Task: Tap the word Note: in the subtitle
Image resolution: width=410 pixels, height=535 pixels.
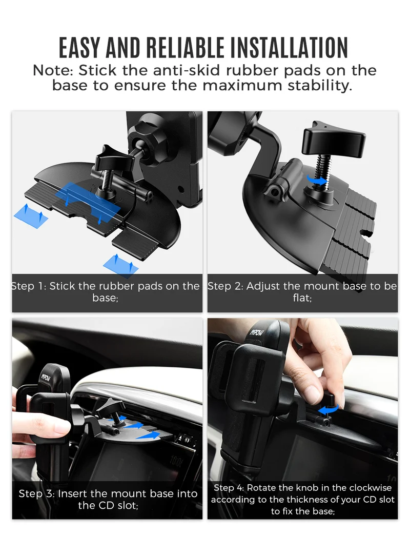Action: [53, 71]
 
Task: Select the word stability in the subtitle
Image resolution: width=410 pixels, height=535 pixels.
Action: [319, 85]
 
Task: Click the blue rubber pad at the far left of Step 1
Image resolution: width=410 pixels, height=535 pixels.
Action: [31, 215]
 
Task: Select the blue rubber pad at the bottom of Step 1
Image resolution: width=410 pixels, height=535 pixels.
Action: [120, 264]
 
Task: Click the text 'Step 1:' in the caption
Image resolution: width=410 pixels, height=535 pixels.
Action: [29, 286]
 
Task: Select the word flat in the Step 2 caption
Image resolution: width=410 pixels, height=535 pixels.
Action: [301, 298]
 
